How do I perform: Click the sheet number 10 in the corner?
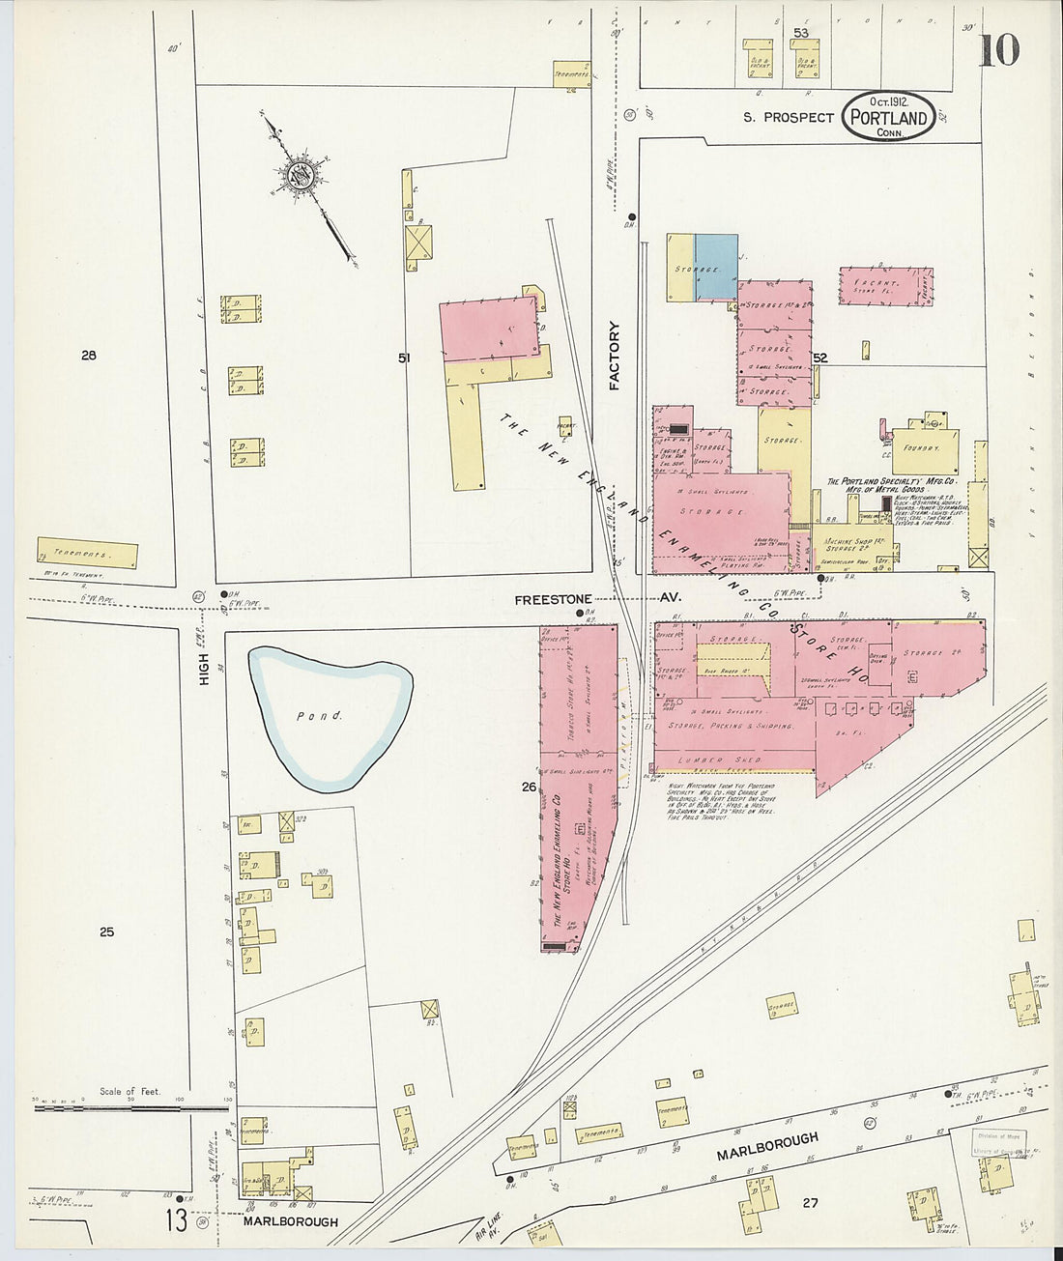999,49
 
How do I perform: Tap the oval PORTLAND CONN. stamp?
888,118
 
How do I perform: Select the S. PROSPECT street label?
788,118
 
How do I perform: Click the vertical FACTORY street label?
614,356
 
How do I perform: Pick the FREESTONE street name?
553,600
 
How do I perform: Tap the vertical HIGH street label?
204,666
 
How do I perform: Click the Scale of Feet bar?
130,1107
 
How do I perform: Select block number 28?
89,356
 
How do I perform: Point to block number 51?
404,358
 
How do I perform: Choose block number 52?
820,358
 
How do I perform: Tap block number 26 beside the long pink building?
529,787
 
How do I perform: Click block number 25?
106,932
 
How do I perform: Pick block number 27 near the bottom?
810,1203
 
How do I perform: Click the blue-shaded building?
716,267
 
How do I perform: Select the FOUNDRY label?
923,448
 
